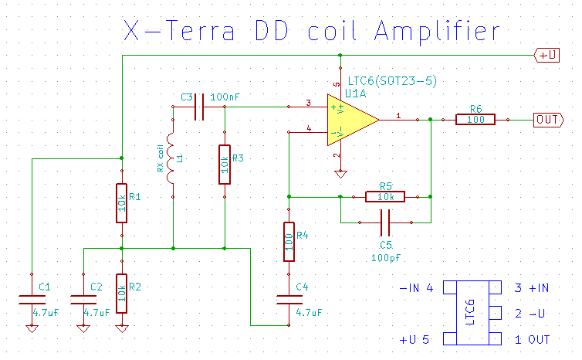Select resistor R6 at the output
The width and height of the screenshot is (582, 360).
click(x=475, y=120)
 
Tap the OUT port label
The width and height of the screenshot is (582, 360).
click(x=546, y=120)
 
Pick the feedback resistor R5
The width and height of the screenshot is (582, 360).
click(x=385, y=197)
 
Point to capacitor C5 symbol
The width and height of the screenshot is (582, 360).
click(x=386, y=222)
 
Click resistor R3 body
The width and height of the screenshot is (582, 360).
click(x=224, y=164)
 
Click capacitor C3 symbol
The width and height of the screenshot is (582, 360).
click(x=198, y=107)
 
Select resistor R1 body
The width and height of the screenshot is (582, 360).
click(x=121, y=202)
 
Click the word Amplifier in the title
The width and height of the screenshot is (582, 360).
click(x=436, y=32)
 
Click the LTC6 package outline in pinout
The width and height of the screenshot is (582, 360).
click(x=470, y=313)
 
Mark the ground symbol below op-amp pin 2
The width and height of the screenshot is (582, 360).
click(x=337, y=173)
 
